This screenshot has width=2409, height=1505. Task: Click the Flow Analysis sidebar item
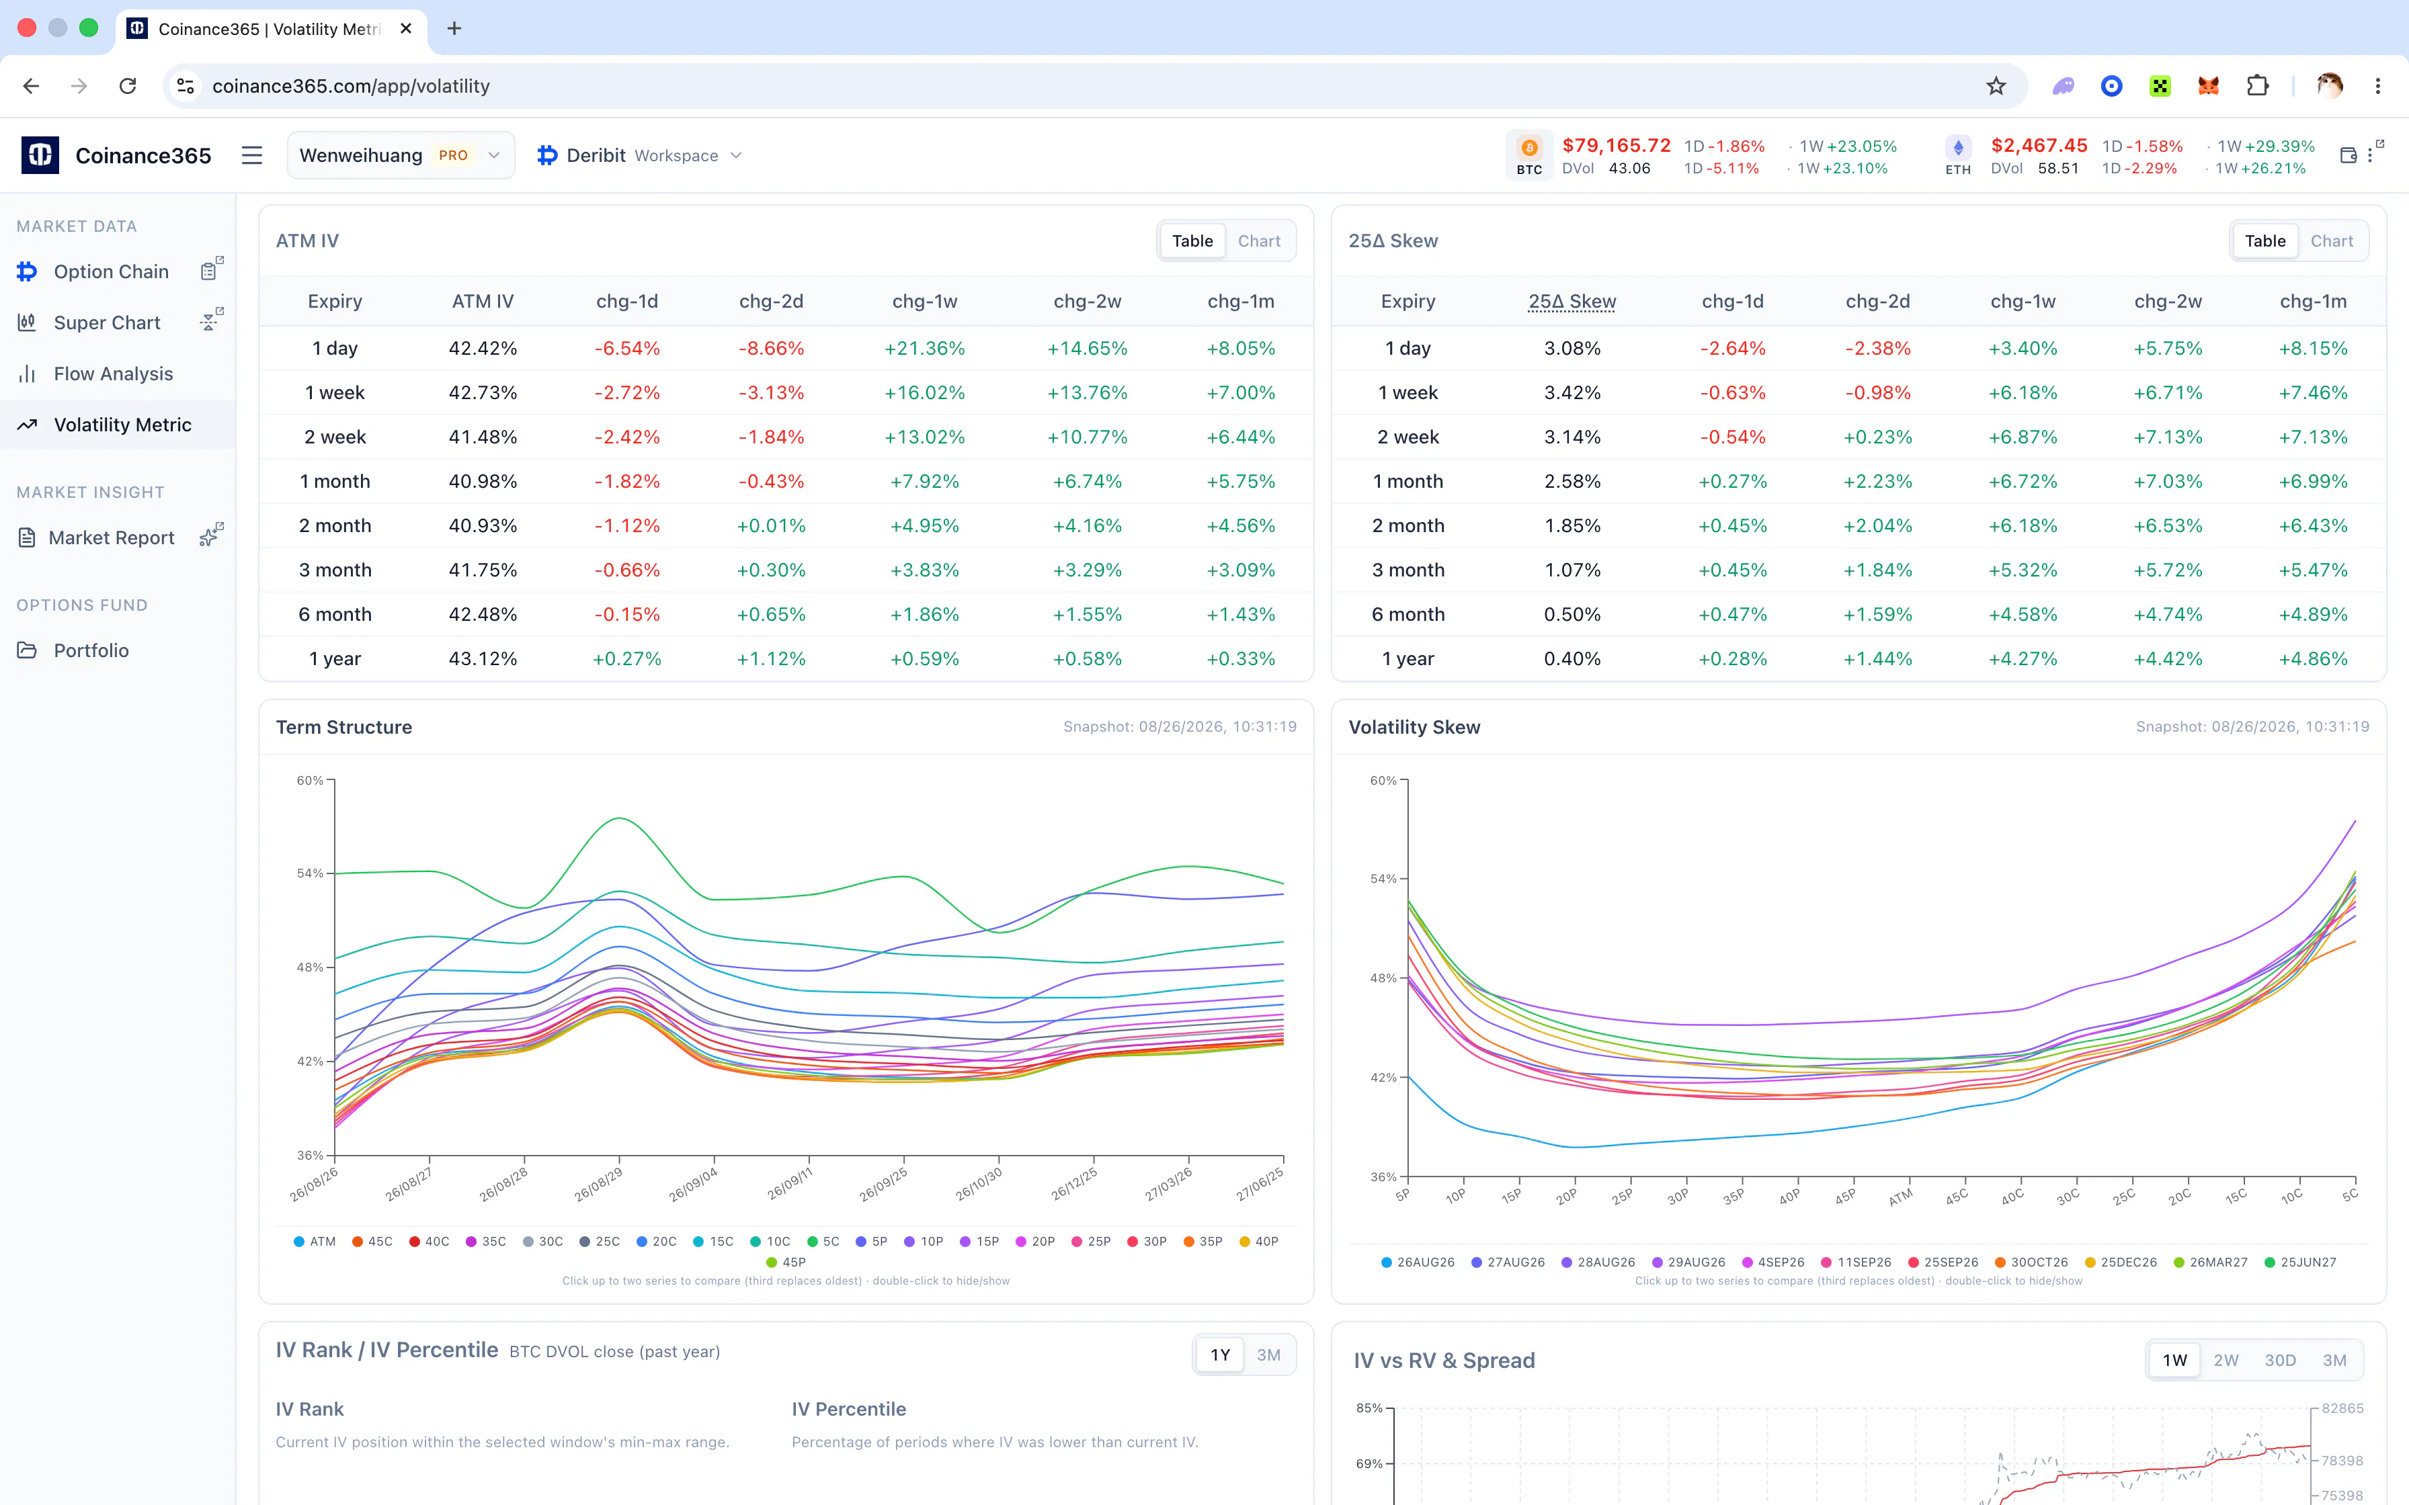point(112,374)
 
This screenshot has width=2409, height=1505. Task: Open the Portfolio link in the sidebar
point(91,650)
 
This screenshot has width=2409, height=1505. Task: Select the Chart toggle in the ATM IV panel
point(1258,241)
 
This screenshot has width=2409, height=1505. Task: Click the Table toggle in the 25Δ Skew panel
point(2264,241)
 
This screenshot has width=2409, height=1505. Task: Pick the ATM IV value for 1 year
point(483,659)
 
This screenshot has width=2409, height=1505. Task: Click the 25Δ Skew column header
point(1571,300)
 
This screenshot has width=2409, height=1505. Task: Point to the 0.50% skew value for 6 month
point(1571,614)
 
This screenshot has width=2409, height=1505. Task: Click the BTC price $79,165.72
point(1617,145)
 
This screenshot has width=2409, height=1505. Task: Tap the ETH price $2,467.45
point(2039,145)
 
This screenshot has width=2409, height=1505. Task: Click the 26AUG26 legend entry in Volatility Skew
point(1418,1262)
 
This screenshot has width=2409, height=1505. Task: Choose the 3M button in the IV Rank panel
point(1268,1354)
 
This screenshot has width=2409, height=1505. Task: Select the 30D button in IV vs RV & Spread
point(2279,1360)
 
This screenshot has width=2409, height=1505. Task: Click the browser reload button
point(128,85)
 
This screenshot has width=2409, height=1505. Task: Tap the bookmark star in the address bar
point(1996,85)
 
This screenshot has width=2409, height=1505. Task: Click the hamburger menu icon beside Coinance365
point(252,155)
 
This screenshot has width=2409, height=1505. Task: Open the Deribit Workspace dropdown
point(640,155)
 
